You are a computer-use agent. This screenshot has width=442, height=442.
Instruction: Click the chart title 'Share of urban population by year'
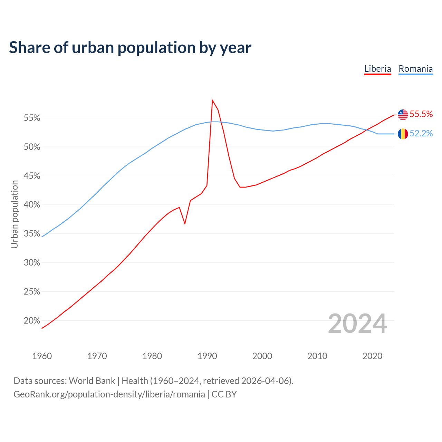(x=130, y=48)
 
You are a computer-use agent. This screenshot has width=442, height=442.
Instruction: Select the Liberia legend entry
(x=377, y=69)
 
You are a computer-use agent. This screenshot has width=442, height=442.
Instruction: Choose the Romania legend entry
(x=415, y=69)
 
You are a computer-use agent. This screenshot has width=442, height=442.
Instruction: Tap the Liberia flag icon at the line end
(x=403, y=115)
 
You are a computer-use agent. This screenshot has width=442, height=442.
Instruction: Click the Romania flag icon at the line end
(x=403, y=134)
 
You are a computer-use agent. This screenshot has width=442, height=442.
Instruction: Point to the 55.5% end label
(x=421, y=114)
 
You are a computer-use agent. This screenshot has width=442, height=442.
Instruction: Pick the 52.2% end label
(x=421, y=134)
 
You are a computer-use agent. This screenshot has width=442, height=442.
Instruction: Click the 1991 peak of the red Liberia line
(x=212, y=100)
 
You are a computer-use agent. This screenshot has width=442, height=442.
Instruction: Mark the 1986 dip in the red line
(x=185, y=223)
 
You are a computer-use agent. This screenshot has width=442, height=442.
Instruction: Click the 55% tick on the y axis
(x=32, y=118)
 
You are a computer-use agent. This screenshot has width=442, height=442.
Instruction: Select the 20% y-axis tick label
(x=32, y=321)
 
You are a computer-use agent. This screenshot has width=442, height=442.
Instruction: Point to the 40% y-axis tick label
(x=32, y=205)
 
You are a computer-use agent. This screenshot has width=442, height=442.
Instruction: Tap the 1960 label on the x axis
(x=42, y=356)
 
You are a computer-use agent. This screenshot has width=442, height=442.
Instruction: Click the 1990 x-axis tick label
(x=207, y=356)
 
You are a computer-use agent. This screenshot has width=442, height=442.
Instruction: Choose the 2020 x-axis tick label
(x=372, y=356)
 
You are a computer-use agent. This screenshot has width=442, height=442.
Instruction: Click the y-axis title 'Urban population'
(x=15, y=214)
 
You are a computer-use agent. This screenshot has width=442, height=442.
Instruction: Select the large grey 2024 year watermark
(x=357, y=324)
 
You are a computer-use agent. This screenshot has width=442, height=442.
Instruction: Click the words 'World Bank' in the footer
(x=92, y=381)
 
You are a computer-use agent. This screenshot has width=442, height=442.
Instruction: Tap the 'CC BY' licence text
(x=224, y=394)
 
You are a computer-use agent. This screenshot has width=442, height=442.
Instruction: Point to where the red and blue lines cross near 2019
(x=367, y=129)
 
